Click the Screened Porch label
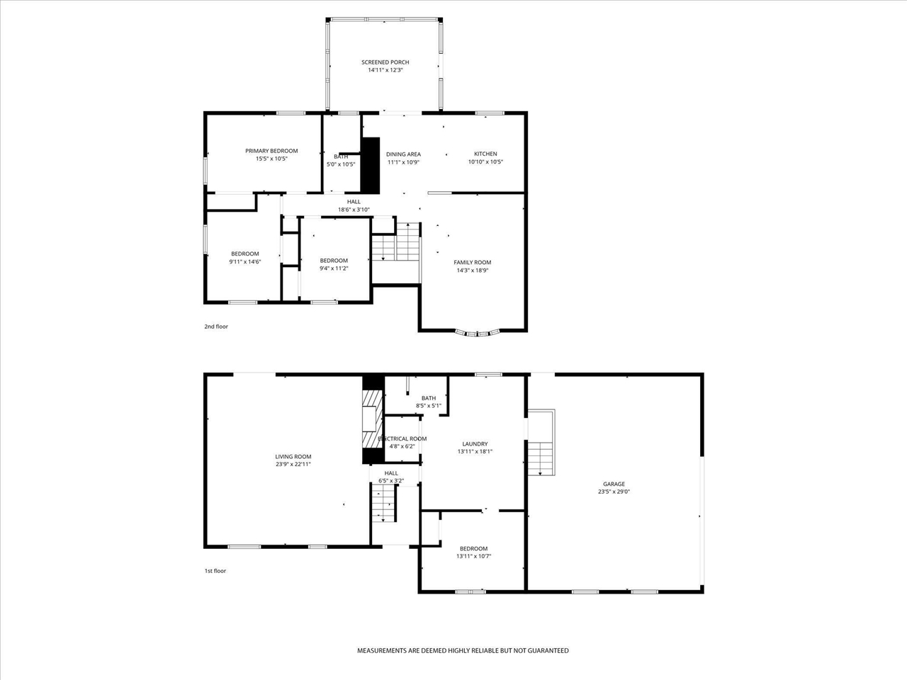(385, 62)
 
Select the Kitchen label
(485, 154)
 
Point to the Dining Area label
(403, 154)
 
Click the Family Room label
(472, 262)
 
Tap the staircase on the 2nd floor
(396, 244)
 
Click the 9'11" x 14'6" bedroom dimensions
(245, 262)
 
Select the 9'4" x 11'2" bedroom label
(334, 260)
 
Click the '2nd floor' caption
(216, 327)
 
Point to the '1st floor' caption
(215, 570)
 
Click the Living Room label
(293, 457)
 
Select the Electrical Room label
(402, 438)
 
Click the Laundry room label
(475, 444)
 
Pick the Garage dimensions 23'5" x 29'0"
(614, 492)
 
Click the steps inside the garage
(541, 458)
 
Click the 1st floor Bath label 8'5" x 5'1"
(428, 398)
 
